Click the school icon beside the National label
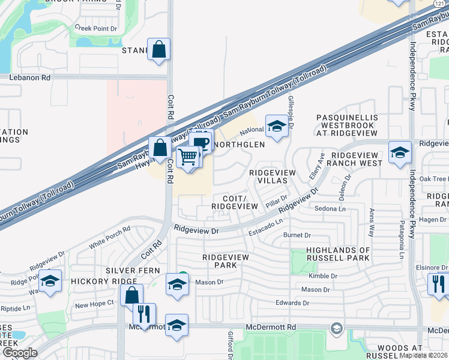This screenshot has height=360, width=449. [x=276, y=127]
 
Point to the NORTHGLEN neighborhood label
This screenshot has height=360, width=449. [x=239, y=145]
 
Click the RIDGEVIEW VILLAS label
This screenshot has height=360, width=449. [x=273, y=176]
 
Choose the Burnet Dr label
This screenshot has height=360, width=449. [x=298, y=236]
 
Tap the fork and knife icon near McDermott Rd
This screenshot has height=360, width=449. [x=144, y=314]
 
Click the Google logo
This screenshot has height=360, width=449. [x=20, y=353]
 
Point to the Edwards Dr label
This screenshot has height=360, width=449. [x=292, y=303]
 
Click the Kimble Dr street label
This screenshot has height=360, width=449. [x=322, y=276]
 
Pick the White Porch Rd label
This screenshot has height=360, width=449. [x=109, y=238]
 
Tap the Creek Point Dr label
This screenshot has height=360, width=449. [x=95, y=28]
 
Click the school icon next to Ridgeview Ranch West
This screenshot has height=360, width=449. [x=399, y=152]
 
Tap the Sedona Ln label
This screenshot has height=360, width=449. [x=330, y=209]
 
